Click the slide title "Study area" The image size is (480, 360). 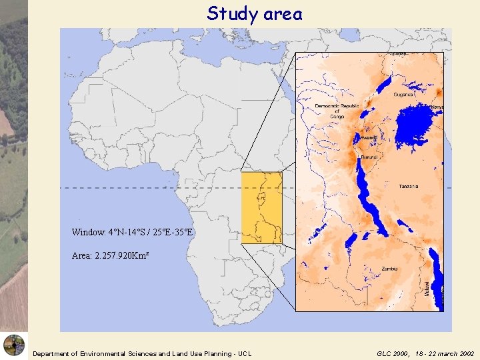(x=254, y=13)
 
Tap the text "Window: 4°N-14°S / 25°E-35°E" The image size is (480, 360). (x=133, y=233)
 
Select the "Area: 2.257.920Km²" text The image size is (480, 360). (x=105, y=255)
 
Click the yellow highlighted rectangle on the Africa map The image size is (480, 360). (x=261, y=207)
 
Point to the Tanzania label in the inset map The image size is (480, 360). (x=409, y=187)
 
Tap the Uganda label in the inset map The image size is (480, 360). (x=403, y=95)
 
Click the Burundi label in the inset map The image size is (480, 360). (x=369, y=157)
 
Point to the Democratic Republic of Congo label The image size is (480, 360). (x=337, y=111)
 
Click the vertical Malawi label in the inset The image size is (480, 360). (x=427, y=288)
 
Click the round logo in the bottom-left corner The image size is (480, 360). (x=13, y=345)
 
